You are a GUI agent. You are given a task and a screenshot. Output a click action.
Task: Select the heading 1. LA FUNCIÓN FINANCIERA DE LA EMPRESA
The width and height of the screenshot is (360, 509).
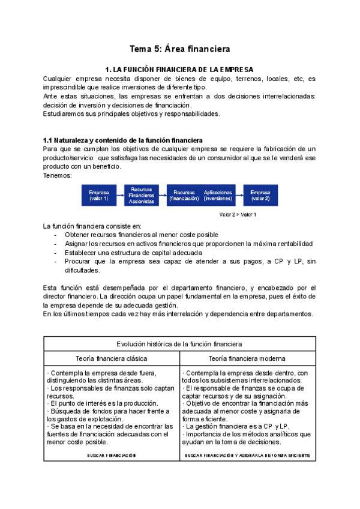(179, 70)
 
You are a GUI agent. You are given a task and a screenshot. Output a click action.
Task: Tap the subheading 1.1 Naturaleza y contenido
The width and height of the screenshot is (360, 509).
(123, 140)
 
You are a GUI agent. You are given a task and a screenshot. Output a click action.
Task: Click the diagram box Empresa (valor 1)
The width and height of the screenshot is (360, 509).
(99, 195)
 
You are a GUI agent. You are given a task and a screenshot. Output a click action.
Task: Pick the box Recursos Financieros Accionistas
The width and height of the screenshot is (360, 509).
(142, 195)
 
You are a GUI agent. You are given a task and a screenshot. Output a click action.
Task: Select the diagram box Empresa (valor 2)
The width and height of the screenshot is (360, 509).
(260, 195)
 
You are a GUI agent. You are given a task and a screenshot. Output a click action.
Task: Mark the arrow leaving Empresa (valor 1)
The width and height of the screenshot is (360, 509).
(121, 195)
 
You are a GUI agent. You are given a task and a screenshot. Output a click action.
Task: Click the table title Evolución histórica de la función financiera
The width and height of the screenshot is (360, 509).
(180, 344)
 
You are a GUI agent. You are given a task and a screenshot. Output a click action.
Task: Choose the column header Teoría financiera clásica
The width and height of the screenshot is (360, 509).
(112, 358)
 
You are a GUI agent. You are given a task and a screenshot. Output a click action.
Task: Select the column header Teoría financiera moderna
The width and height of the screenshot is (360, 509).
(248, 358)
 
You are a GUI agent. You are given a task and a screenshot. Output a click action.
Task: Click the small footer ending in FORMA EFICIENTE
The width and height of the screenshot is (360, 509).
(248, 456)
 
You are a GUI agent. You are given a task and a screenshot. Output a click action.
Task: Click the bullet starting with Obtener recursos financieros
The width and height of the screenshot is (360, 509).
(141, 235)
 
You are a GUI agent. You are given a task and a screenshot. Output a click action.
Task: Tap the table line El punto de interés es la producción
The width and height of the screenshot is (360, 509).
(102, 403)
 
